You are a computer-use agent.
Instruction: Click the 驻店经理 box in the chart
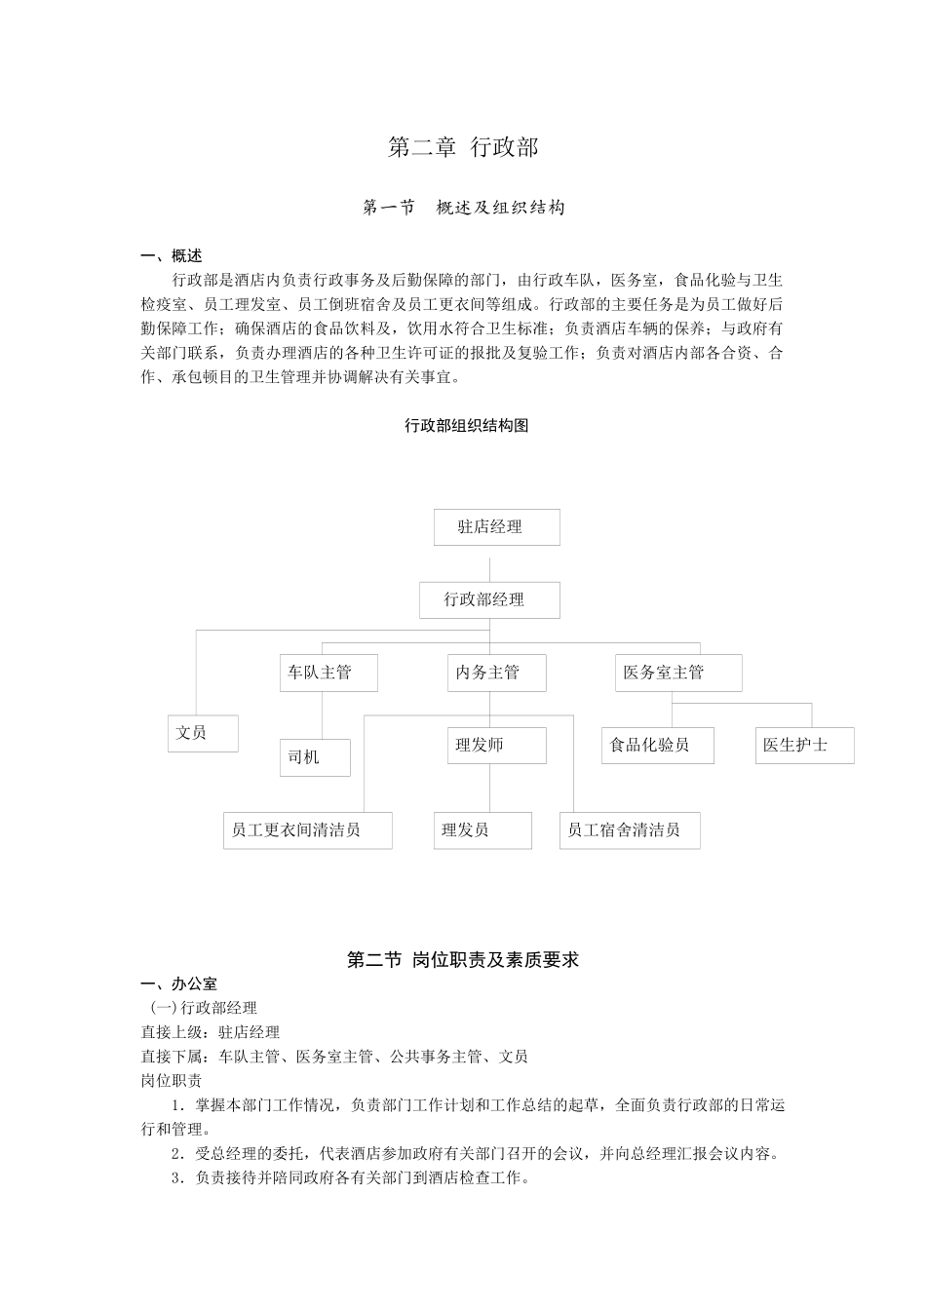[496, 527]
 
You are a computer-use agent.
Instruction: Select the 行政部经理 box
[489, 600]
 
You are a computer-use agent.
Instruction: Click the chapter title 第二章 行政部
[463, 147]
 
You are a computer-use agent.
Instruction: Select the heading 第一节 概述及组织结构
[463, 208]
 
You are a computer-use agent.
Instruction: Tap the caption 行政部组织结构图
[466, 426]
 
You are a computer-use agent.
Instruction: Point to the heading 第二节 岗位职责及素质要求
[463, 960]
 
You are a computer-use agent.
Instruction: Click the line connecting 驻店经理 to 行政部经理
[490, 563]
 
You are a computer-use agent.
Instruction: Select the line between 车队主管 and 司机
[322, 715]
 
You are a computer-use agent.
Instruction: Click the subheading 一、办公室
[179, 984]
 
